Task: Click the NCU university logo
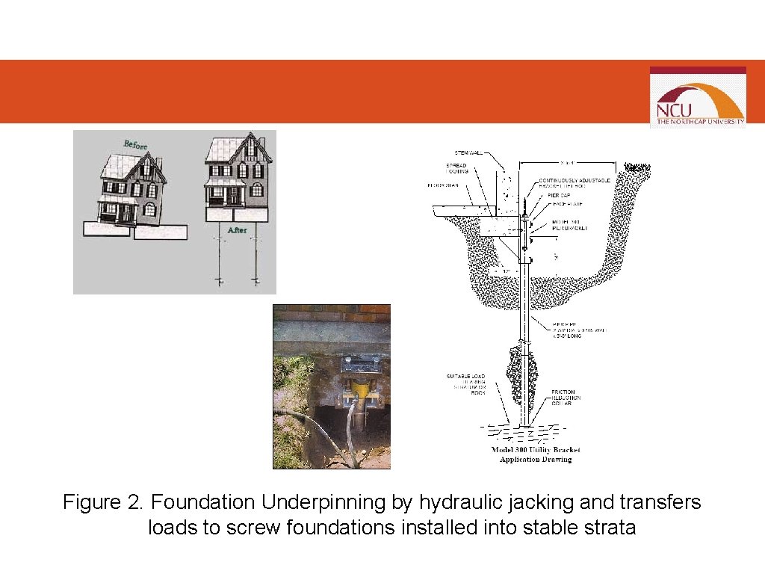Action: pos(698,96)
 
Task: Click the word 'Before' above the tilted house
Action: pos(135,143)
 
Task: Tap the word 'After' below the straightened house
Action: pos(237,230)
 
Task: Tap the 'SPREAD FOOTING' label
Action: pos(456,168)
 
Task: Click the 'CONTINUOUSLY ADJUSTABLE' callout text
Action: pos(574,181)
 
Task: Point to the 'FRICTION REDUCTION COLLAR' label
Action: pos(566,398)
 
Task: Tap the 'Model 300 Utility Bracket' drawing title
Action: pos(535,450)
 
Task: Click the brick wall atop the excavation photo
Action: pos(331,313)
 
